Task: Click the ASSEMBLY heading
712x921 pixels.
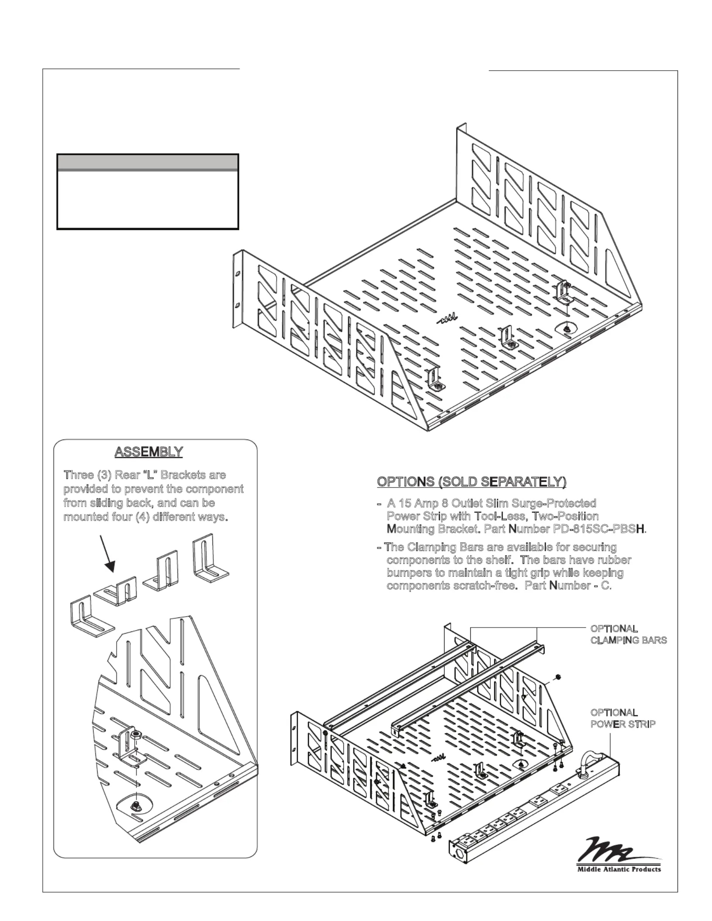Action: (148, 451)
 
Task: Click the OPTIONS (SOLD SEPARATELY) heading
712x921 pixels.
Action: (472, 482)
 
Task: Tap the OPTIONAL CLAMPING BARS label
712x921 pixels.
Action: (628, 634)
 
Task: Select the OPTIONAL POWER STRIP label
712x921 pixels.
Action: (623, 719)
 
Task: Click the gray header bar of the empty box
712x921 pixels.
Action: (148, 162)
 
